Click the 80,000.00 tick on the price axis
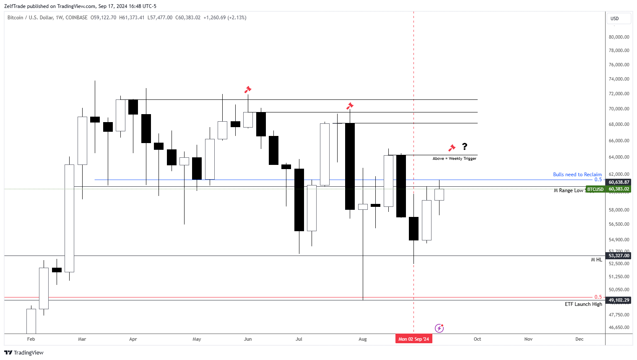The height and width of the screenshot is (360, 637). coord(619,37)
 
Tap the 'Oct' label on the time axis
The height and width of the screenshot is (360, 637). coord(477,339)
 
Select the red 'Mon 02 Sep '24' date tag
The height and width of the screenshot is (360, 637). coord(413,339)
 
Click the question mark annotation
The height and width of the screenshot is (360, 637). coord(465,146)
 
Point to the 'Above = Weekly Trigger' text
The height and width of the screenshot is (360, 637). coord(454,159)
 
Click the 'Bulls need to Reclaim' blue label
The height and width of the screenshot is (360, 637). coord(577,175)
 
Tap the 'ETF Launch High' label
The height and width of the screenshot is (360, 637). coord(583,304)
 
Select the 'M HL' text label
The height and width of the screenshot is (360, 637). coord(596,260)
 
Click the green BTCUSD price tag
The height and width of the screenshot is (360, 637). coord(595,189)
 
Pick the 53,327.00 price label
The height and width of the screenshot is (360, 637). coord(619,256)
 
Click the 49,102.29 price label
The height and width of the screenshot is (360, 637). coord(619,300)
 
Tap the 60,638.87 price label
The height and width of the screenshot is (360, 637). coord(619,182)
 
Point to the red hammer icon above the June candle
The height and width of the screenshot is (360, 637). coord(248,89)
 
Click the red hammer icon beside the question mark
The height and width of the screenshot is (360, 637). coord(452,148)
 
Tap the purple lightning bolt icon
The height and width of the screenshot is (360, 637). coord(439,328)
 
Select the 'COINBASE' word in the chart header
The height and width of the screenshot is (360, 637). coord(76,18)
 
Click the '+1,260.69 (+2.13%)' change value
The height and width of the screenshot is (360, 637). coord(225,18)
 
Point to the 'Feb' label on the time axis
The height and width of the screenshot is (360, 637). coord(31,339)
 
